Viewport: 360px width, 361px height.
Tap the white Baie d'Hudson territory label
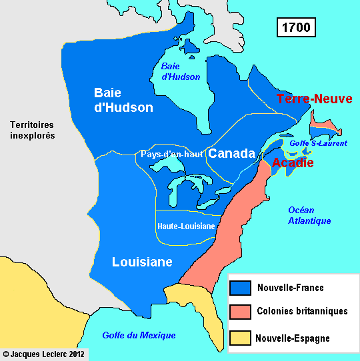pos(123,99)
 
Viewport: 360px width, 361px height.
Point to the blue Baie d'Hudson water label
pos(181,71)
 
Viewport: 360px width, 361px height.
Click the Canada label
pos(232,154)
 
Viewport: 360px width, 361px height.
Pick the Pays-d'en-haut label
pos(171,155)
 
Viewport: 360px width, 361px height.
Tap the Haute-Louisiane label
pos(186,226)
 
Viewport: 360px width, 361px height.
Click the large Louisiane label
pos(142,262)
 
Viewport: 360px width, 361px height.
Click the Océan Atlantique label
pos(309,215)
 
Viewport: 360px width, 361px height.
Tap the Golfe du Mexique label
pos(139,335)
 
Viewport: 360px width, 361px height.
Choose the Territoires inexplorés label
pos(32,130)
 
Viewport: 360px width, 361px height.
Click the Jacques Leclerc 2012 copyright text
pos(44,354)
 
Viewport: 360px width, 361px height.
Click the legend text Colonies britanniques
pos(302,312)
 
